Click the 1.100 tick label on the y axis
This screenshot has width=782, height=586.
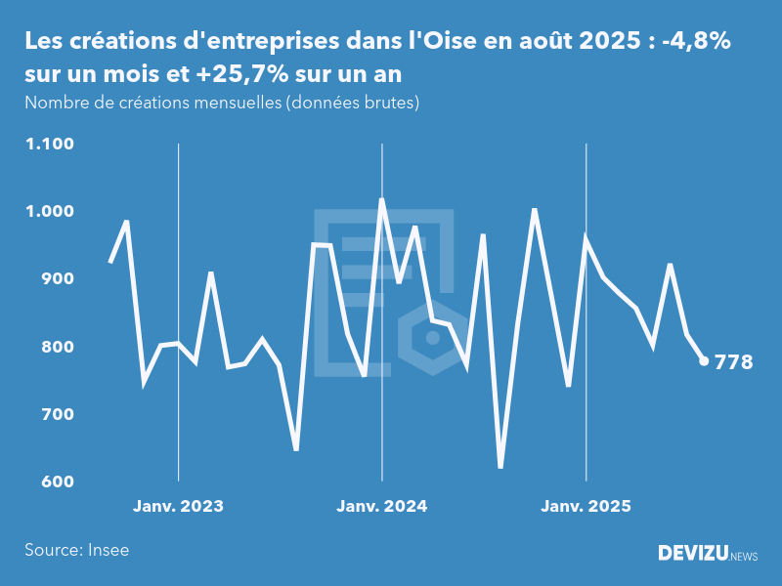(51, 145)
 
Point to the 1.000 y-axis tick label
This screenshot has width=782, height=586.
(51, 212)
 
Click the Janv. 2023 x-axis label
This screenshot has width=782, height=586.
(178, 507)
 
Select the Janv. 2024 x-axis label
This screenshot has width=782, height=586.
(381, 507)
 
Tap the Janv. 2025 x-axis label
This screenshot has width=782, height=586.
(586, 507)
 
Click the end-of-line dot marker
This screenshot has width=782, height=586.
(704, 361)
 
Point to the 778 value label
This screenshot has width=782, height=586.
(734, 362)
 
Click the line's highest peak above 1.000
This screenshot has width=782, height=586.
(381, 199)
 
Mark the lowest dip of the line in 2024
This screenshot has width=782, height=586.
(500, 467)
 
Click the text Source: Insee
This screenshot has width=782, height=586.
(77, 550)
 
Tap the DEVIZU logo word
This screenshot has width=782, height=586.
(692, 554)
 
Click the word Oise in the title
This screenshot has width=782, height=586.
(436, 42)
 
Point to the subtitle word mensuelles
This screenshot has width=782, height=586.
(233, 103)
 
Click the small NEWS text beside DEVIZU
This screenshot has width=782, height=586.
(744, 556)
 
